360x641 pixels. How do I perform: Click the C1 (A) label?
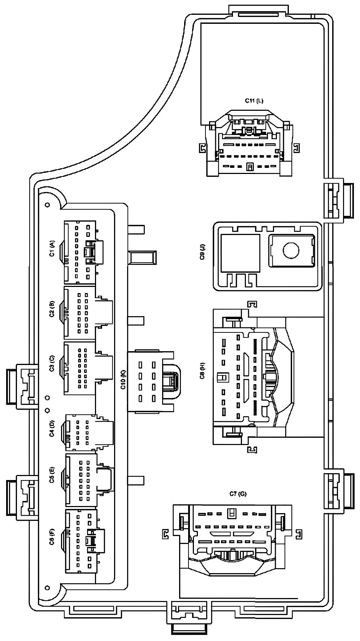pos(52,249)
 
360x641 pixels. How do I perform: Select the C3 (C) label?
pos(52,363)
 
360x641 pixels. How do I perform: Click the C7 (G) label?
pos(238,494)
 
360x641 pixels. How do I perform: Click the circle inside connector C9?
pos(292,250)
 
